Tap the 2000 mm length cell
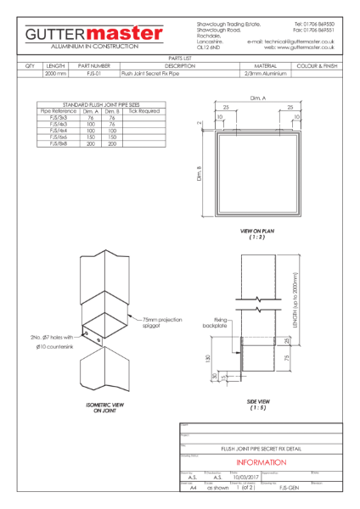point(55,74)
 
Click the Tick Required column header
point(143,110)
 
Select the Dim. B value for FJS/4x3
point(112,124)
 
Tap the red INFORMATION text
point(259,462)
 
